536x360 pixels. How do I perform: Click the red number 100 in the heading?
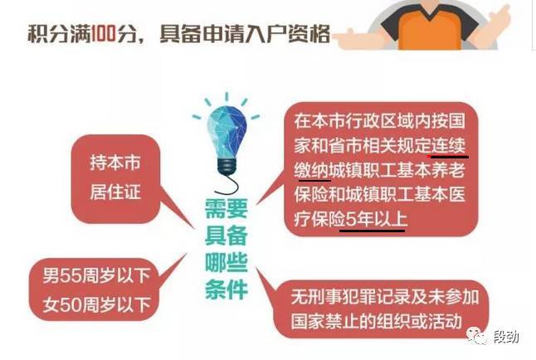point(104,34)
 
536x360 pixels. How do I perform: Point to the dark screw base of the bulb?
point(227,166)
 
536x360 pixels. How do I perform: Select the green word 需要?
point(226,208)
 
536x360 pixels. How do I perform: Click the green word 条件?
point(226,289)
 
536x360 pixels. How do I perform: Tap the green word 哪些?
point(226,263)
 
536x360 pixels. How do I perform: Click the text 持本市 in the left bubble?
point(115,163)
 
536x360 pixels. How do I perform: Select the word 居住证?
point(115,192)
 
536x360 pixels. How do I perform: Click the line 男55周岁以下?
point(97,275)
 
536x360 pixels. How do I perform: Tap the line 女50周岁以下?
point(97,304)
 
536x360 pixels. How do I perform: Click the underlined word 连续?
point(448,146)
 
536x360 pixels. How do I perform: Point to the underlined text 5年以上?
point(377,219)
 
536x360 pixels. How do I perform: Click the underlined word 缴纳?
point(311,171)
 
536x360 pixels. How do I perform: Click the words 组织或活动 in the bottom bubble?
point(419,321)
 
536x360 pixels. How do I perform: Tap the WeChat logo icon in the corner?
point(477,336)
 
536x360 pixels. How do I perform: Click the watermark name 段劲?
point(506,337)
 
